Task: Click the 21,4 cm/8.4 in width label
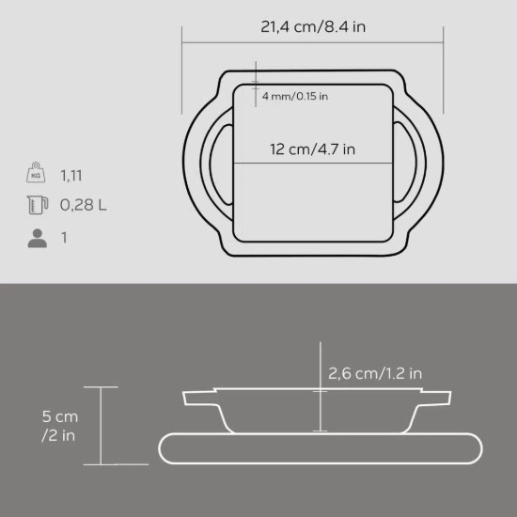(313, 26)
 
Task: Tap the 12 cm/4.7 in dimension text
(313, 149)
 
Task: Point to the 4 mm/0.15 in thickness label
(295, 96)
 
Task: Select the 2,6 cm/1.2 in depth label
(375, 373)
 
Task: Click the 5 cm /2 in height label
(59, 426)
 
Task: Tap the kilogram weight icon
(36, 172)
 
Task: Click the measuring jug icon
(38, 205)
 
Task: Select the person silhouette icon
(38, 238)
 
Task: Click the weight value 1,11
(71, 176)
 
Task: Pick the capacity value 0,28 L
(84, 205)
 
